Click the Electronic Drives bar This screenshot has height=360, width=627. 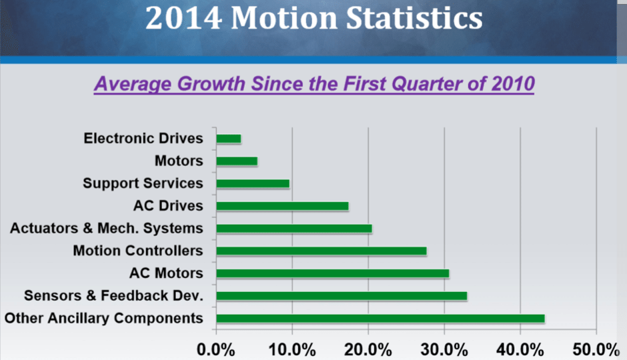(229, 139)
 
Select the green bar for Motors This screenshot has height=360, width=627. (237, 161)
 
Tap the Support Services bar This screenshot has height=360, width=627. (253, 183)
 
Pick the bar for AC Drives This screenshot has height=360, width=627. (282, 206)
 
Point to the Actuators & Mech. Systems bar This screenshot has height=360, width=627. (294, 229)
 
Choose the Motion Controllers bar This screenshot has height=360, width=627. (322, 251)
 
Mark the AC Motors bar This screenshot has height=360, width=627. (333, 273)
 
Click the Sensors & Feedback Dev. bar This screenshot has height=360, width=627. (342, 296)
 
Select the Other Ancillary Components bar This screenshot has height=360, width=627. (380, 319)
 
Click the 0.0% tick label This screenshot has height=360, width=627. (215, 348)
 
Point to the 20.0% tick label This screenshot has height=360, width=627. (368, 348)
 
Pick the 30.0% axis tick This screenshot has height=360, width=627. (444, 348)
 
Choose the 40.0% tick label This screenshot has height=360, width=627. (520, 348)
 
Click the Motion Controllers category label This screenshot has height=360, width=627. (137, 251)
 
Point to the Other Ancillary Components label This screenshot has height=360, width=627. (103, 318)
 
